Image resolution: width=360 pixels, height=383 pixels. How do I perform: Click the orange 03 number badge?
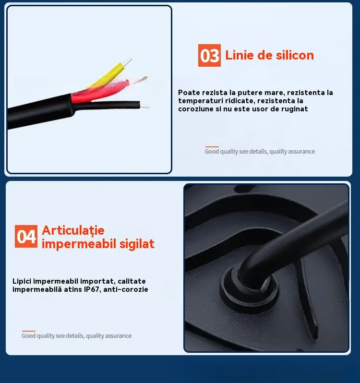click(x=209, y=56)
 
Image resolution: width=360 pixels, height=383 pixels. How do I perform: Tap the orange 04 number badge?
click(x=26, y=236)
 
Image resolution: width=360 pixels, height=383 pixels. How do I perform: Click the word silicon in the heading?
click(x=295, y=55)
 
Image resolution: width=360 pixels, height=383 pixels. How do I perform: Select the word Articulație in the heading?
click(x=73, y=230)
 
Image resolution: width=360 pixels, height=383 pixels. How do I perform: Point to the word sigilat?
click(x=137, y=243)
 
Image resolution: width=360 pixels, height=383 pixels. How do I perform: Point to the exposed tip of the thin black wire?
click(x=144, y=106)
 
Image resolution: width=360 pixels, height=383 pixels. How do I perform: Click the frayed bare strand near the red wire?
click(x=141, y=80)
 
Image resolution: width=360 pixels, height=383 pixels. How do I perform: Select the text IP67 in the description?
click(x=91, y=289)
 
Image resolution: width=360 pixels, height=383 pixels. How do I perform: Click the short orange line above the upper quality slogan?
click(x=212, y=146)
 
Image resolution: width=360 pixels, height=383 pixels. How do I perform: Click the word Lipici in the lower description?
click(x=22, y=281)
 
